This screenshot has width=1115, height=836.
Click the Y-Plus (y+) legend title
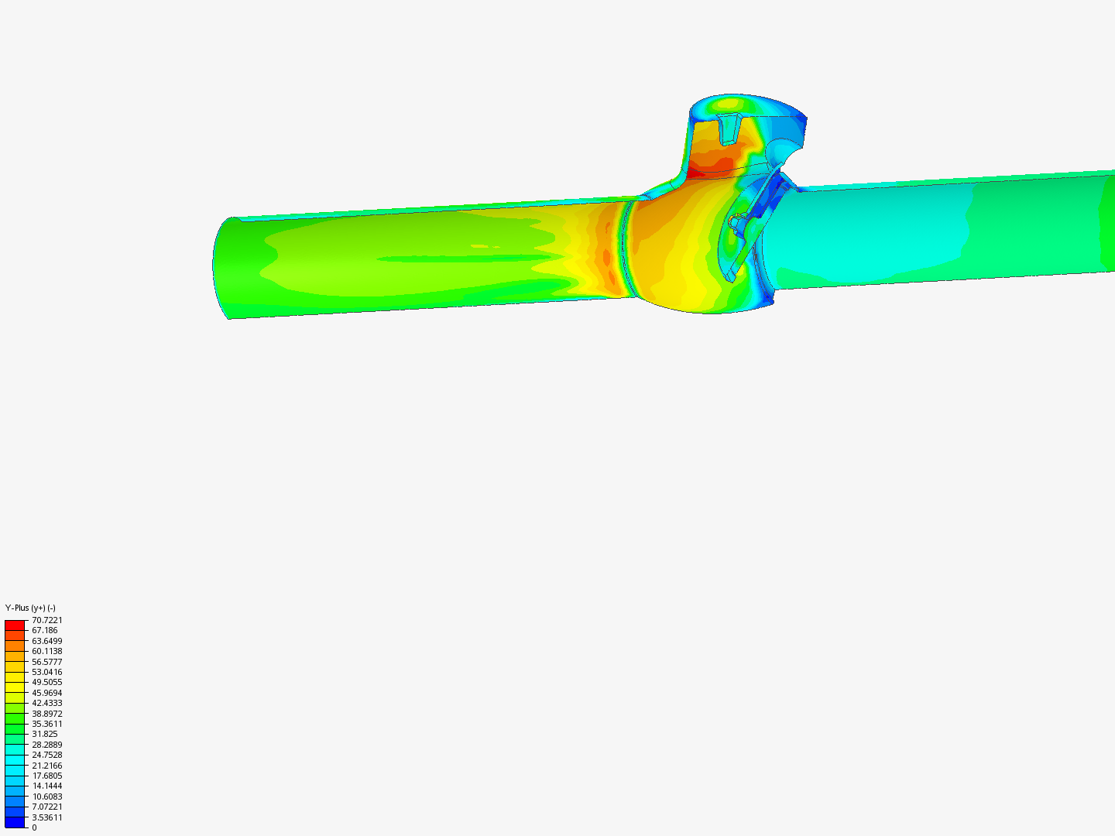click(x=30, y=608)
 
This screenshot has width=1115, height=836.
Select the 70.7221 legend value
click(x=46, y=620)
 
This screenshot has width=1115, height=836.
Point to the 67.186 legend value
click(x=45, y=630)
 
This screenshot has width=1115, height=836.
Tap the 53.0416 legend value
click(x=46, y=672)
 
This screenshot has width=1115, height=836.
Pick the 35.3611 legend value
click(x=46, y=724)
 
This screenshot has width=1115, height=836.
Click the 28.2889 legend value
click(x=46, y=745)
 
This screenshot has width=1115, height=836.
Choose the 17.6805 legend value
click(x=46, y=776)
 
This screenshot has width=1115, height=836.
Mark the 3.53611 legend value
click(x=46, y=817)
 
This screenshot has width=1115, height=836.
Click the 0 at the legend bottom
click(x=34, y=827)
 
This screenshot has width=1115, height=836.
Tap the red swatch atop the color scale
click(x=15, y=625)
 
